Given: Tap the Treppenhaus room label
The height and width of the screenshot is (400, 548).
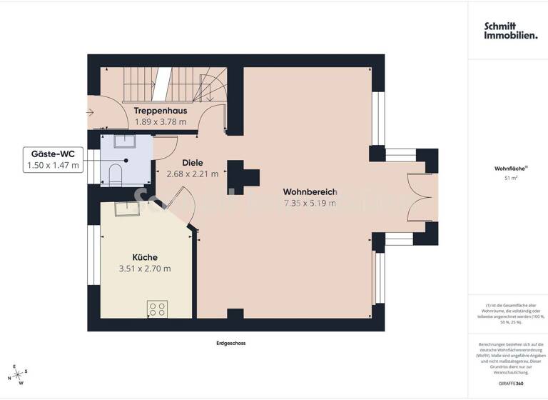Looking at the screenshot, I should coord(161,111).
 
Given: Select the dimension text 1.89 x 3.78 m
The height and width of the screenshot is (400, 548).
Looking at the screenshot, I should coord(161,122).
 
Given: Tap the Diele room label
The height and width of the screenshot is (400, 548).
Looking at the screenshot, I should coord(193,162).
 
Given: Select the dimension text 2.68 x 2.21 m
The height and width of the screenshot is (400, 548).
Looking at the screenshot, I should coord(193,174).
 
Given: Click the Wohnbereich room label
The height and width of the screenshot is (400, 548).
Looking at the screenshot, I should coord(310,191).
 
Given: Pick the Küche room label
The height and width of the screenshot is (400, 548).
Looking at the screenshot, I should coord(145,257).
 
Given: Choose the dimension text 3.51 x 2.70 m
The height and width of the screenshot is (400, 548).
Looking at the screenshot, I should coord(145,269).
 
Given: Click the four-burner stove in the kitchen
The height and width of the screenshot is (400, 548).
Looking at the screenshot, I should coord(157,309).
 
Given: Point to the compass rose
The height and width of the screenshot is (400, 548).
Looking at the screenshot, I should coord(20,374).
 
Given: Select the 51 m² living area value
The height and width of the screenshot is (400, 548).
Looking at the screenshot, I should coord(510,179).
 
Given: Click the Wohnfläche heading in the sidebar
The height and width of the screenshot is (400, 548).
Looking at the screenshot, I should coord(509,169).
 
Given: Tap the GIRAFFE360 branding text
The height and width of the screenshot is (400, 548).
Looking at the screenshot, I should coord(510,384).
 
